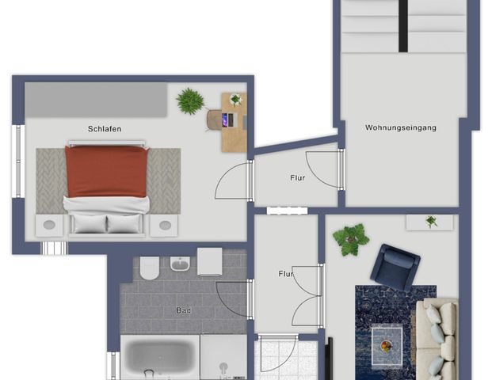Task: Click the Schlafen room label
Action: tap(105, 128)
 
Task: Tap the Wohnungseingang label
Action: tap(400, 127)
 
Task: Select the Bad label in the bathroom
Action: tap(183, 310)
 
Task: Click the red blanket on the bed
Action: tap(106, 170)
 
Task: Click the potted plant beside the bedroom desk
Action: tap(190, 101)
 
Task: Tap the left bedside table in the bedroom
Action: tap(49, 226)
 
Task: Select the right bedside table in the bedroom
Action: tap(164, 226)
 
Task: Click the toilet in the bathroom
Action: tap(150, 269)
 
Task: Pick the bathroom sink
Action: tap(181, 264)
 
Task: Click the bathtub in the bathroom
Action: tap(158, 356)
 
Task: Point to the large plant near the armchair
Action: tap(350, 237)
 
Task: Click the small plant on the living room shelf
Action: tap(431, 222)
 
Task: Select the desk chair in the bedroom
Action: tap(216, 120)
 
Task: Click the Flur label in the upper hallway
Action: tap(297, 178)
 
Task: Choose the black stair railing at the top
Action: tap(403, 25)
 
